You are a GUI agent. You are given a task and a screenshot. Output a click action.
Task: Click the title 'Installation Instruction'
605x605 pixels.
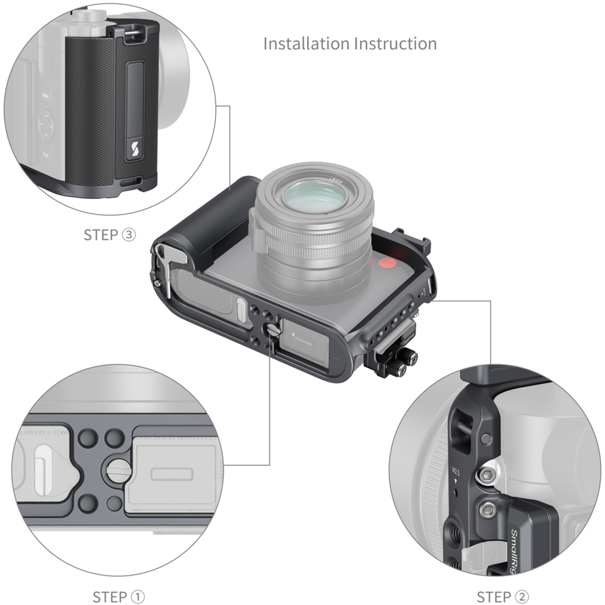[x=350, y=44]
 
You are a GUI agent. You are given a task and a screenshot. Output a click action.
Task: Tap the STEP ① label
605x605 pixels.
[x=119, y=596]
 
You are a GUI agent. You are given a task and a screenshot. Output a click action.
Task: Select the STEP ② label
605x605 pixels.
[x=503, y=596]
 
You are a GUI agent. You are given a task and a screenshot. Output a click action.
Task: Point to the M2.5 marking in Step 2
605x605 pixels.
[x=456, y=471]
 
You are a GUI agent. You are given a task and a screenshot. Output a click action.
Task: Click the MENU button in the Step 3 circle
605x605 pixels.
[x=46, y=96]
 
